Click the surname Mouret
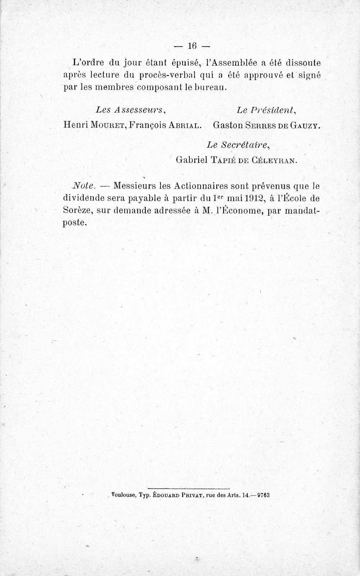point(108,125)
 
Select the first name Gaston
point(227,125)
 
